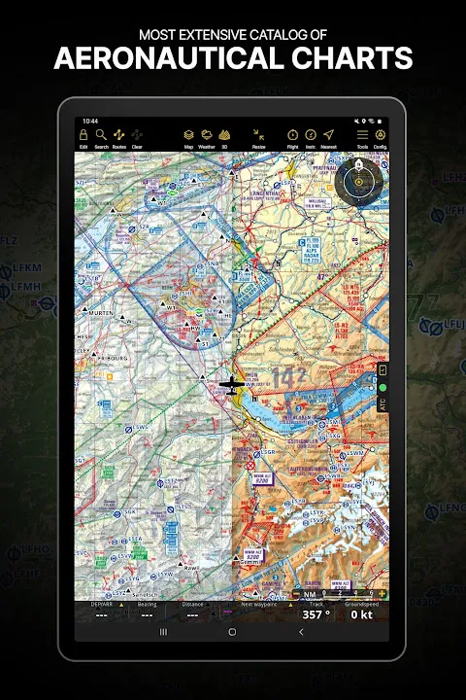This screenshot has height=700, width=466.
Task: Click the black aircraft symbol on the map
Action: click(x=231, y=386)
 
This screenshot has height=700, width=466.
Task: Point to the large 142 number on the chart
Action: click(x=290, y=377)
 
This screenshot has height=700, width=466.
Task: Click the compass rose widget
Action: click(x=359, y=178)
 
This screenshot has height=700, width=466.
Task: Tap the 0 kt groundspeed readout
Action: click(x=361, y=614)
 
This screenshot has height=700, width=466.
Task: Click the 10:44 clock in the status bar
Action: click(x=91, y=122)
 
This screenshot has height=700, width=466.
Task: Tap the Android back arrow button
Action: click(x=301, y=632)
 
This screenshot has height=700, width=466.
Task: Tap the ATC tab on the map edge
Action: click(x=383, y=403)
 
